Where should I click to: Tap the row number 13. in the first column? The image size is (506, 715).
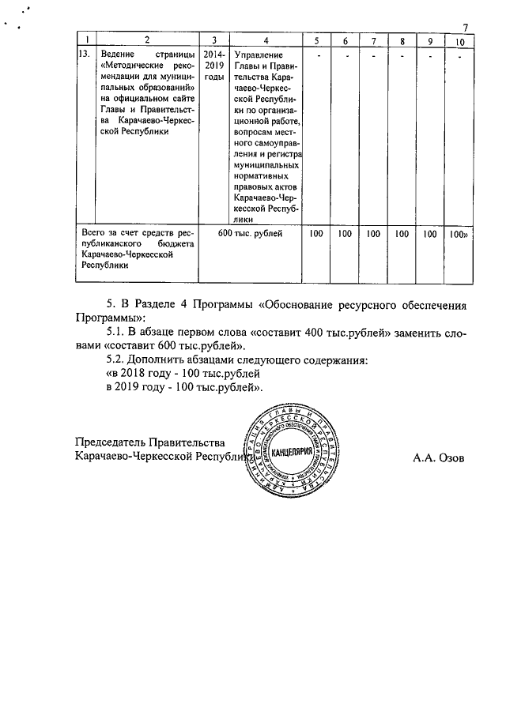pos(83,55)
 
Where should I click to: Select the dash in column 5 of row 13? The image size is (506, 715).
pos(317,55)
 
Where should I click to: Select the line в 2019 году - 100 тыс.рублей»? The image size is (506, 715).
pos(183,388)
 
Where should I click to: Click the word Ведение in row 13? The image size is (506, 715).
pos(118,55)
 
